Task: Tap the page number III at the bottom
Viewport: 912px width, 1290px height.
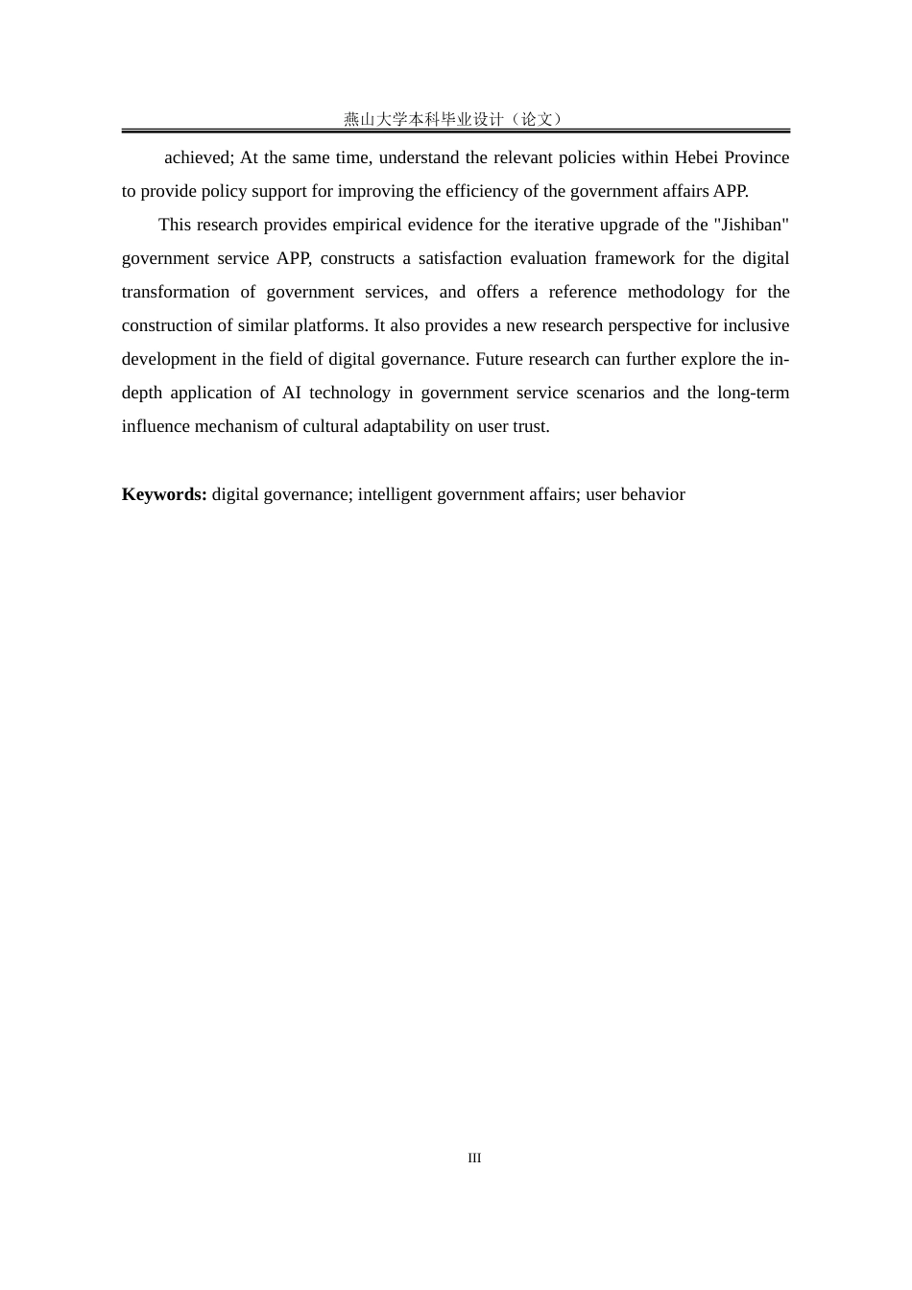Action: [x=474, y=1159]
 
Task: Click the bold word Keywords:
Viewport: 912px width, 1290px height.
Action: [x=164, y=494]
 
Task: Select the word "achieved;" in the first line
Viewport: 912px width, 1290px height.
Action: [x=199, y=157]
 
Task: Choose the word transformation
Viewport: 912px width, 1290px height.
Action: [x=176, y=292]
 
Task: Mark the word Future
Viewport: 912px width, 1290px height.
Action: [x=499, y=359]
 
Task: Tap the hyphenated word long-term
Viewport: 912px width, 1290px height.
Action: [x=754, y=393]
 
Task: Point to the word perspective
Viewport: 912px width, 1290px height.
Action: [x=625, y=325]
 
